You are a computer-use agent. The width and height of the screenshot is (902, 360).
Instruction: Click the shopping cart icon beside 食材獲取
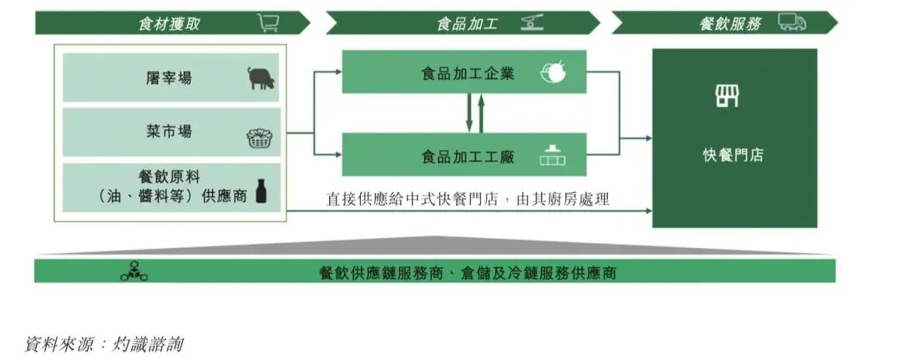click(268, 23)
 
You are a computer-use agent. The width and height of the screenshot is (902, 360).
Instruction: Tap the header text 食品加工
click(467, 23)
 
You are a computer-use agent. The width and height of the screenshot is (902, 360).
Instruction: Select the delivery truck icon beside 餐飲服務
click(792, 23)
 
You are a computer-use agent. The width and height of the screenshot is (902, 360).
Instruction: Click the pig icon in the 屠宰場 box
click(261, 79)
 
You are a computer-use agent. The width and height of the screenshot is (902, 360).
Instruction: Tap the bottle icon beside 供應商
click(261, 190)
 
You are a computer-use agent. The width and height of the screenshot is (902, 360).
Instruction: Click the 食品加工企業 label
click(467, 73)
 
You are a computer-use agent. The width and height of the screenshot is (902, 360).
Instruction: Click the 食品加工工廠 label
click(467, 155)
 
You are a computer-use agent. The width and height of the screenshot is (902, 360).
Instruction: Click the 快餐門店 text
click(733, 155)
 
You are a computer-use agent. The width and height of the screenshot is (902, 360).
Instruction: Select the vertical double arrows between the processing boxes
click(474, 113)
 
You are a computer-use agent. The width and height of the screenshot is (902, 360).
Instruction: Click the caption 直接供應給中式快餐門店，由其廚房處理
click(468, 199)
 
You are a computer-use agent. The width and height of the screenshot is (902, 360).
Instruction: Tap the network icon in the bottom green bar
click(133, 271)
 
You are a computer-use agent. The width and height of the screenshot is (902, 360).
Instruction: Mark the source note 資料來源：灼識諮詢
click(105, 343)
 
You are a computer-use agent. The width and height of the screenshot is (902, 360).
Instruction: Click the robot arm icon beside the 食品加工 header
click(532, 23)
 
